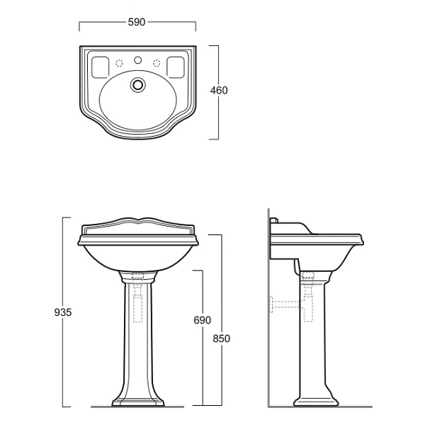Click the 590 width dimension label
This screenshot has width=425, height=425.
137,22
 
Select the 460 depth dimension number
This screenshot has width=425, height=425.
219,91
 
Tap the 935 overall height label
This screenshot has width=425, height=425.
63,312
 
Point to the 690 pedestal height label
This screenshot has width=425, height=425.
202,320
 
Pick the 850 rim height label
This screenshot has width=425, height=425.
221,339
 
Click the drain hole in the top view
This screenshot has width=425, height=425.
137,84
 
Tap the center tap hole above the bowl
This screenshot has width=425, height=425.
137,60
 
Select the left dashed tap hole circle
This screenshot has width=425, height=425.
119,63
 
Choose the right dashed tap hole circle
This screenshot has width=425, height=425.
157,63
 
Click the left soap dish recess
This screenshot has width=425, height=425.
101,67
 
